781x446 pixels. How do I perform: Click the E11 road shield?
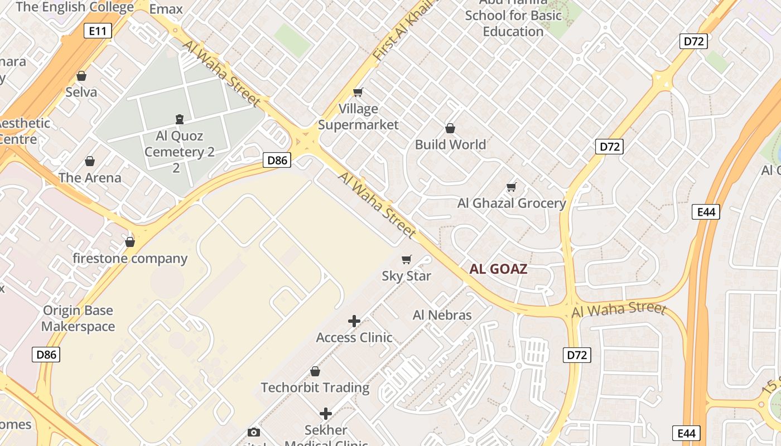98,31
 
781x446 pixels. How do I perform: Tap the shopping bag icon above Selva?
81,76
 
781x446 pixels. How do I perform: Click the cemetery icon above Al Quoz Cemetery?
180,119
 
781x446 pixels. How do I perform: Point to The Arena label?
90,178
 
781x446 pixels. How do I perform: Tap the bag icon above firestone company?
130,242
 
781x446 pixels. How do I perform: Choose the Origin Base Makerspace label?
78,318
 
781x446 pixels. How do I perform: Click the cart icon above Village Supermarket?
358,92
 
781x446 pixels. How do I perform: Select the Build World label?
450,144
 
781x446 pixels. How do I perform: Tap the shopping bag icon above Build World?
450,128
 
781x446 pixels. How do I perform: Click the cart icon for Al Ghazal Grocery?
512,187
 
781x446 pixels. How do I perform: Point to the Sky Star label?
406,276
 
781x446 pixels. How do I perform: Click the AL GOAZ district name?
498,269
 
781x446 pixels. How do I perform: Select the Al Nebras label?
442,315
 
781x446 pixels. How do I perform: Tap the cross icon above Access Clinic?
354,321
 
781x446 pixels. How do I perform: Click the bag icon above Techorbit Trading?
315,371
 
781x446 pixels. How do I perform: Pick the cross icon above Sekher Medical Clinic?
326,414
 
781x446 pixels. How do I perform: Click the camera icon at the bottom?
254,432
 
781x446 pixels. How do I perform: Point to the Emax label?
166,9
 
